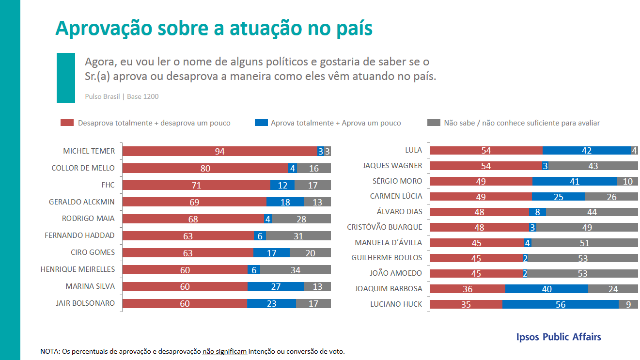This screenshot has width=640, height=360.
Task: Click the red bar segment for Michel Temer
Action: (x=219, y=151)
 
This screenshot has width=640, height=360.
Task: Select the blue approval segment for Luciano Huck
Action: (x=560, y=304)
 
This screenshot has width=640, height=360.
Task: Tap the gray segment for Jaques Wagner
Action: (x=593, y=166)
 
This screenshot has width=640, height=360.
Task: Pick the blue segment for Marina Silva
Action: (x=276, y=286)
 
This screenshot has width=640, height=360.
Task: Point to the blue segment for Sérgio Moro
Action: (x=575, y=181)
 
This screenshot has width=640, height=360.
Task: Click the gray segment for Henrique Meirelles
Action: (x=296, y=269)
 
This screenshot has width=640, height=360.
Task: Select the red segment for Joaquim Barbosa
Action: (x=468, y=289)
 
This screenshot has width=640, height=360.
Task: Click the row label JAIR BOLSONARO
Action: (x=85, y=303)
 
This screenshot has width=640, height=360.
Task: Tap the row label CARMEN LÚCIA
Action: (x=396, y=196)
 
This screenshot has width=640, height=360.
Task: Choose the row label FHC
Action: (x=108, y=185)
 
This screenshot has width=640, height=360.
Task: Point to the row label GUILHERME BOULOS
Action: (x=387, y=258)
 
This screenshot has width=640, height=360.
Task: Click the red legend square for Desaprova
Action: (x=66, y=123)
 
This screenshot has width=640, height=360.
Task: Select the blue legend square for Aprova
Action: (x=261, y=123)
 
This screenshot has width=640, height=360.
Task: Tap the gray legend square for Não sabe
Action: (x=433, y=123)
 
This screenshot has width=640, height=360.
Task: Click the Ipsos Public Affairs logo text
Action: (x=559, y=337)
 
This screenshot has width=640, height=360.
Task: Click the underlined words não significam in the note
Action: (x=225, y=351)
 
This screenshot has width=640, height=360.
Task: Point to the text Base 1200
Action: (x=143, y=96)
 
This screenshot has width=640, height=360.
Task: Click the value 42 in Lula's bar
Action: (x=586, y=151)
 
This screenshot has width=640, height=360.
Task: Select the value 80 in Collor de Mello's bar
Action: (x=205, y=168)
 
